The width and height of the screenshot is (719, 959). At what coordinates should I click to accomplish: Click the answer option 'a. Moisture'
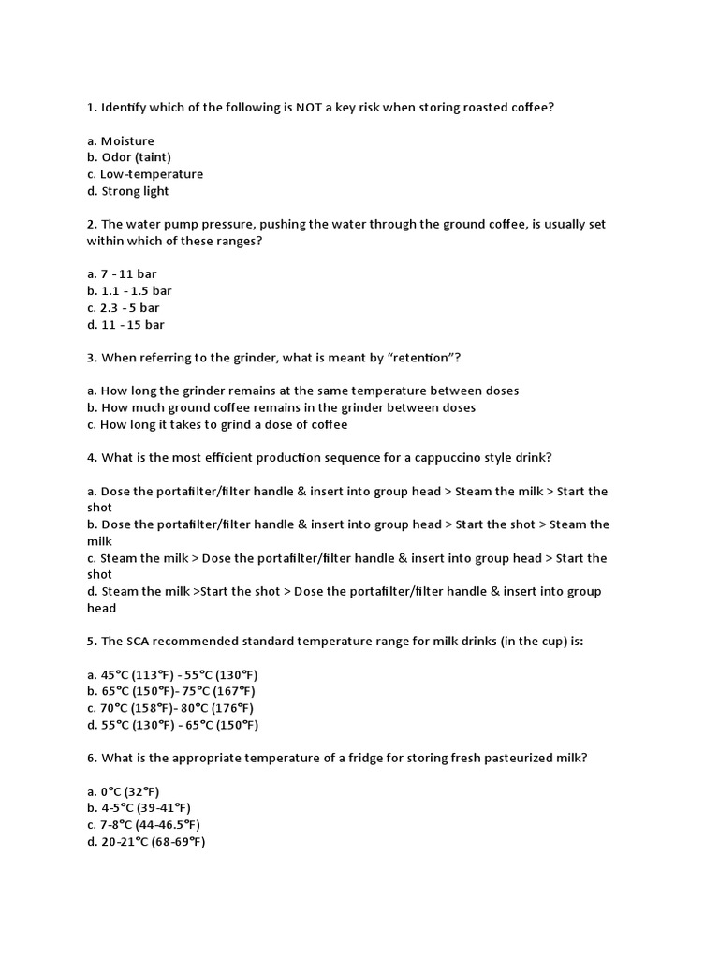[x=121, y=141]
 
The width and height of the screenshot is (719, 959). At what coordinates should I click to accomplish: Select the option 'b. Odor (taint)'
[x=129, y=157]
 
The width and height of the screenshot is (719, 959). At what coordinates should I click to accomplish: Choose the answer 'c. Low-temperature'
[x=145, y=174]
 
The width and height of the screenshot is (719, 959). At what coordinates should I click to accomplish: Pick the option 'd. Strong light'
[x=128, y=191]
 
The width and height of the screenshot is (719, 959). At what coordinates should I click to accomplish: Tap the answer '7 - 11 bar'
[x=122, y=274]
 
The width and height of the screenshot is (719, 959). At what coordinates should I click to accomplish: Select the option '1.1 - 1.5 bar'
[x=129, y=291]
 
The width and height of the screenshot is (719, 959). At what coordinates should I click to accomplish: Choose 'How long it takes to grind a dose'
[x=224, y=424]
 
